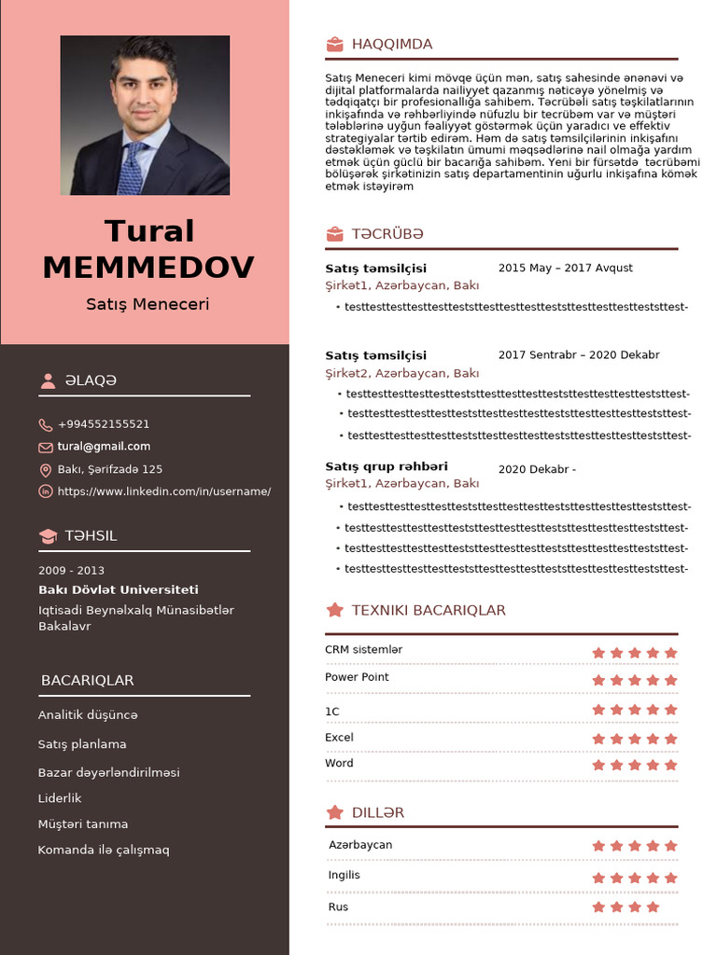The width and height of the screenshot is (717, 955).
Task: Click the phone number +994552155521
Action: (x=104, y=424)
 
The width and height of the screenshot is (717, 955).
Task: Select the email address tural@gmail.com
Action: (x=104, y=447)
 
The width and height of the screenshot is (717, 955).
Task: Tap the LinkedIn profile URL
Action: (x=164, y=491)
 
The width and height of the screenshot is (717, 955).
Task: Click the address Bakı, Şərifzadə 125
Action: (x=110, y=469)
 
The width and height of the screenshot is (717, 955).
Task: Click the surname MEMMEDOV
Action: (x=148, y=268)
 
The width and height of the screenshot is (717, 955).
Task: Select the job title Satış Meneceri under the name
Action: (x=148, y=304)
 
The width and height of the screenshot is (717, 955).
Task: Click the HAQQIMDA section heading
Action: (x=392, y=44)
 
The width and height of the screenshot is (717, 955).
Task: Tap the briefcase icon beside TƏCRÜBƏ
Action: (x=334, y=234)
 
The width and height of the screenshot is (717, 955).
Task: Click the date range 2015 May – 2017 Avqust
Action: (x=565, y=269)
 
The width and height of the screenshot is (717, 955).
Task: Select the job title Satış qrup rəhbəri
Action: (x=387, y=466)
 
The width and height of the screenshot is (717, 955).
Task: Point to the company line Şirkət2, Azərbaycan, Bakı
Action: (x=401, y=373)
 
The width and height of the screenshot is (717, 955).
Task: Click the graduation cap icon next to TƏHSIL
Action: (x=48, y=536)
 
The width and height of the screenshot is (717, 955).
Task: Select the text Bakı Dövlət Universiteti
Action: (x=118, y=589)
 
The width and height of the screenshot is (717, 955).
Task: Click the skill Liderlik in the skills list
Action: (x=60, y=798)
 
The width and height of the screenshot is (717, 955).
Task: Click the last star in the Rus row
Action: (x=653, y=907)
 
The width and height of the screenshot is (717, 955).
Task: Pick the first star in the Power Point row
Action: (x=598, y=681)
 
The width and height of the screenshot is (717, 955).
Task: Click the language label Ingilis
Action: (x=344, y=876)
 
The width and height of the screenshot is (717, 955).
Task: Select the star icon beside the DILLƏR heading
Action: (x=334, y=812)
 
